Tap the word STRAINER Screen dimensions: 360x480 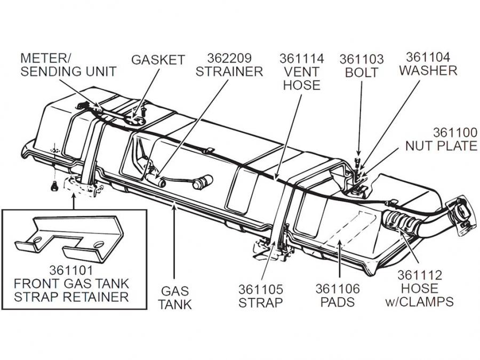pos(229,71)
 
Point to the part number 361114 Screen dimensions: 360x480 pos(301,58)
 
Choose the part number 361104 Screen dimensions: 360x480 pos(428,57)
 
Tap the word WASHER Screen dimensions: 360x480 pos(431,70)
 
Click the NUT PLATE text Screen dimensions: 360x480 pos(441,145)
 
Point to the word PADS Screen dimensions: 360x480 pos(338,302)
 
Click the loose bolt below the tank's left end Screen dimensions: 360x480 pos(53,186)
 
